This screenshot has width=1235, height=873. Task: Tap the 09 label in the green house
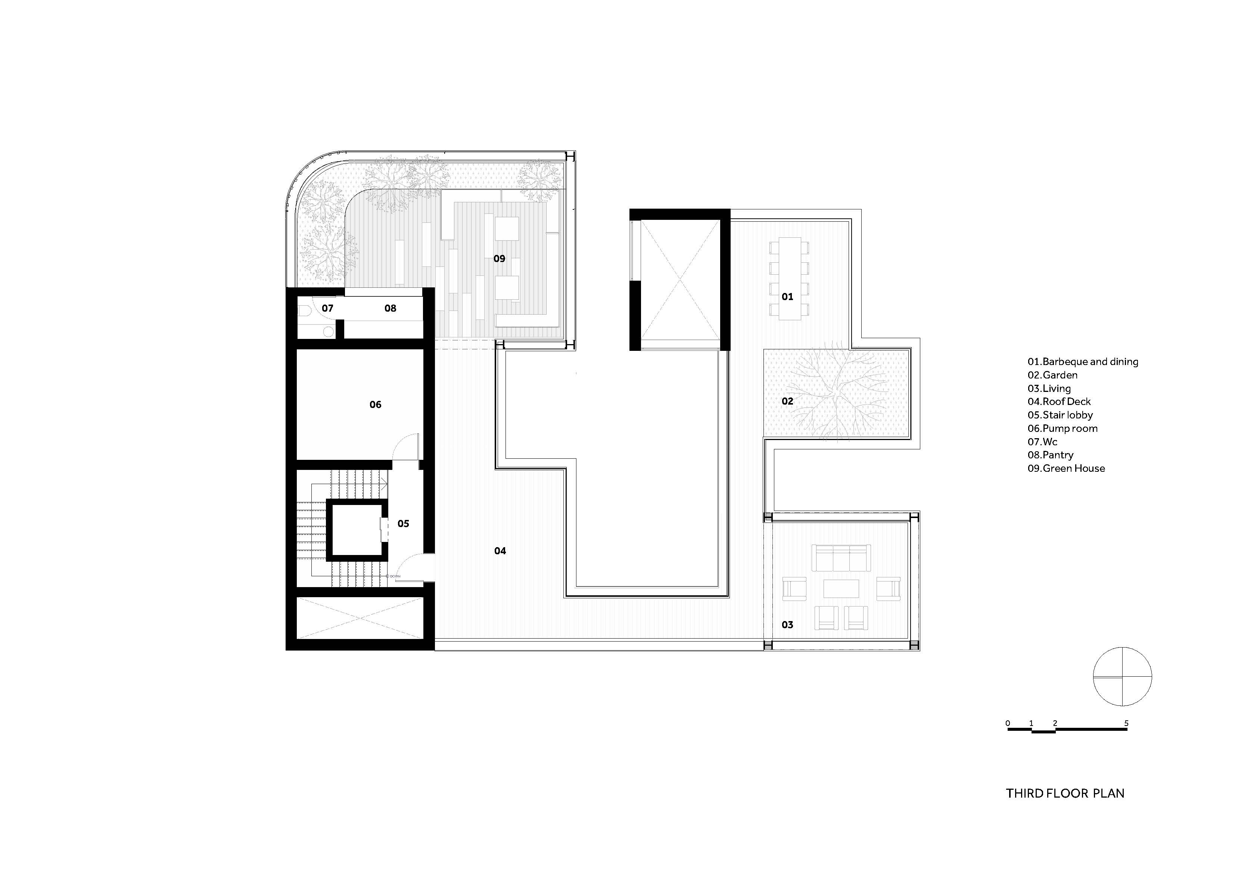[499, 259]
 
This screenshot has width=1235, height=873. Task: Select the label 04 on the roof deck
[500, 551]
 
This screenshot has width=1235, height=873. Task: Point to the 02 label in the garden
[787, 401]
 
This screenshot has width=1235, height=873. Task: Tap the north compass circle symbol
[1122, 677]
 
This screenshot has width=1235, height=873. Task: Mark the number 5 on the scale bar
[1126, 723]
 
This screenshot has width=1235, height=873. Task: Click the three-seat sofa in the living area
[841, 558]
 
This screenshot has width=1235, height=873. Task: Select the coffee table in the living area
[841, 588]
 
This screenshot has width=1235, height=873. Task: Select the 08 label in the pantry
[390, 308]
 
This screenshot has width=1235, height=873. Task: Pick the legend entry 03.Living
[1049, 389]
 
